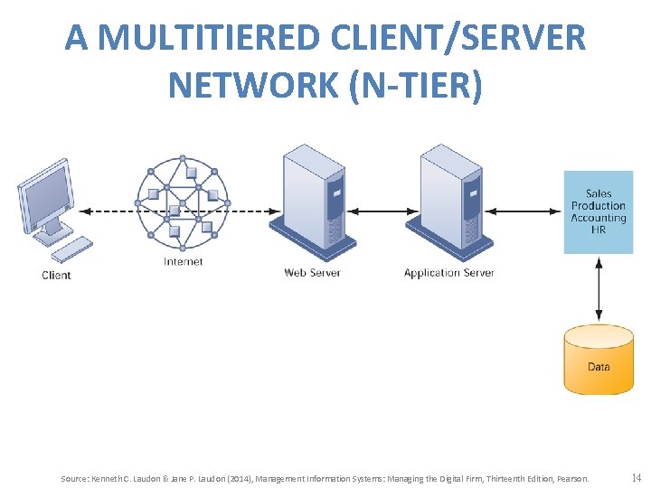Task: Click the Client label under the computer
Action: point(56,275)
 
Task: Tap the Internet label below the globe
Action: point(183,262)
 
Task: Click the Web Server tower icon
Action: point(312,199)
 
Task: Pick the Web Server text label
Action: point(312,272)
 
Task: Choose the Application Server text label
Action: point(449,272)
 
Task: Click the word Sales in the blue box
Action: point(599,193)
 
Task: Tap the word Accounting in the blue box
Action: point(599,218)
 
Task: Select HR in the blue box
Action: point(599,230)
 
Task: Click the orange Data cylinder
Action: point(599,361)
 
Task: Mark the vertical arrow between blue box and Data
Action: point(599,289)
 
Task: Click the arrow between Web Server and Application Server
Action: point(381,211)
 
